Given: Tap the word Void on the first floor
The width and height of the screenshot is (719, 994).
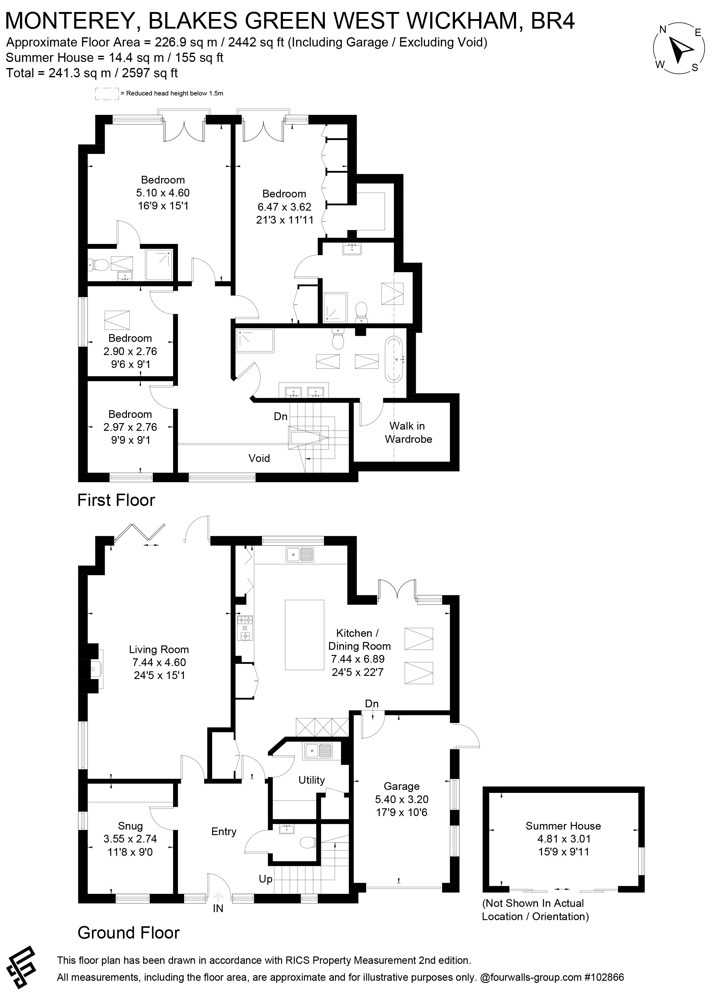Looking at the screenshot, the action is (259, 458).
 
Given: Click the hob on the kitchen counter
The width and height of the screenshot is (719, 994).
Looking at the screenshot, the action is (245, 628).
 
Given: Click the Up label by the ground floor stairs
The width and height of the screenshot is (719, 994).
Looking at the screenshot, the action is (265, 879).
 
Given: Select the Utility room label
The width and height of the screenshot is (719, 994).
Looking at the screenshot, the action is (312, 780).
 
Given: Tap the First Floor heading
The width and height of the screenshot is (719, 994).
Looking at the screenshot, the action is (116, 500).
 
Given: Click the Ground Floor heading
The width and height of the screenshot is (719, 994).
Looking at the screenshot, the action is (128, 933).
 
